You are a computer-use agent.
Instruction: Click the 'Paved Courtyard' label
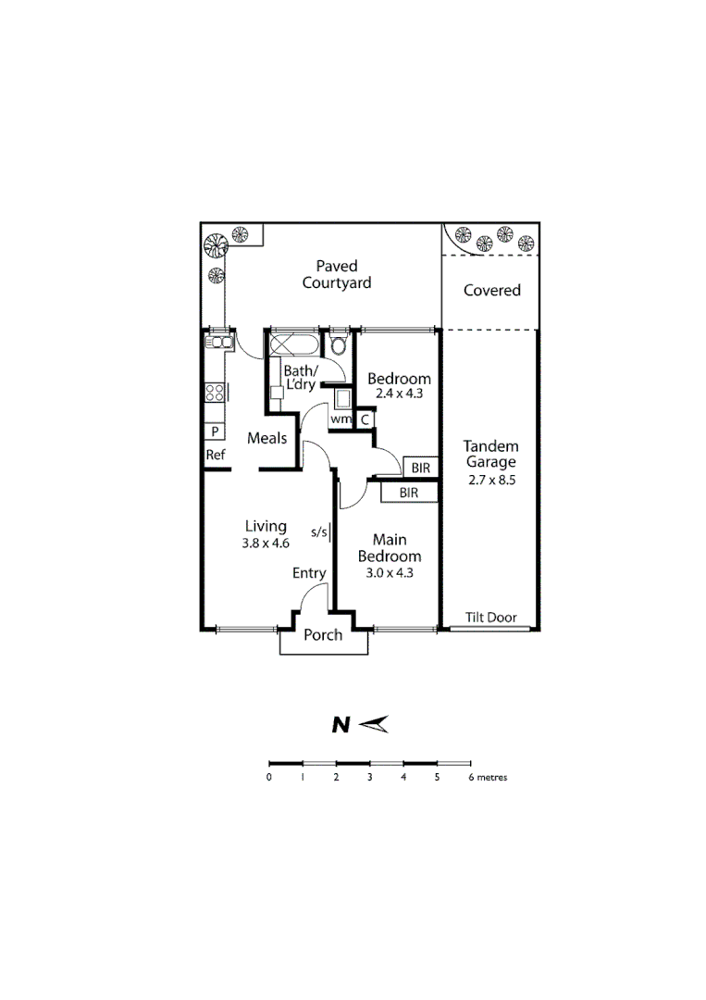point(337,275)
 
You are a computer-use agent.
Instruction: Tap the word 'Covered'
point(491,290)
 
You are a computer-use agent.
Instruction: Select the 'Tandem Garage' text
point(491,454)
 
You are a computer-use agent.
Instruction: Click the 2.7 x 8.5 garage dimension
point(491,481)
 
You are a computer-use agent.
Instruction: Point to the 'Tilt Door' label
point(490,618)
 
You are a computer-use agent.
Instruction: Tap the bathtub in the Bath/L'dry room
point(293,345)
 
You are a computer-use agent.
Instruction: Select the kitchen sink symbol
point(217,344)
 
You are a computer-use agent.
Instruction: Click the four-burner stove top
point(215,392)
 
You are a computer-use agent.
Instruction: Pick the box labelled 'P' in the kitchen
point(215,431)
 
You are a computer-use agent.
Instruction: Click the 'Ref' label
point(215,455)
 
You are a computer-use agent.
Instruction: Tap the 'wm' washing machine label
point(341,419)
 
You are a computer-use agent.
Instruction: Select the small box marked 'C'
point(365,419)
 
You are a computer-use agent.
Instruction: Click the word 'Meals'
point(266,438)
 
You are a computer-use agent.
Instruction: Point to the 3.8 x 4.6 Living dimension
point(266,544)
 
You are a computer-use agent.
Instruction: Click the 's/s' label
point(318,531)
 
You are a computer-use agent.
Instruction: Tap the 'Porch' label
point(323,634)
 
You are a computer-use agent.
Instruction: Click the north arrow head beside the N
point(375,725)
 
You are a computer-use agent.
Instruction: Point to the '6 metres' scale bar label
point(488,778)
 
